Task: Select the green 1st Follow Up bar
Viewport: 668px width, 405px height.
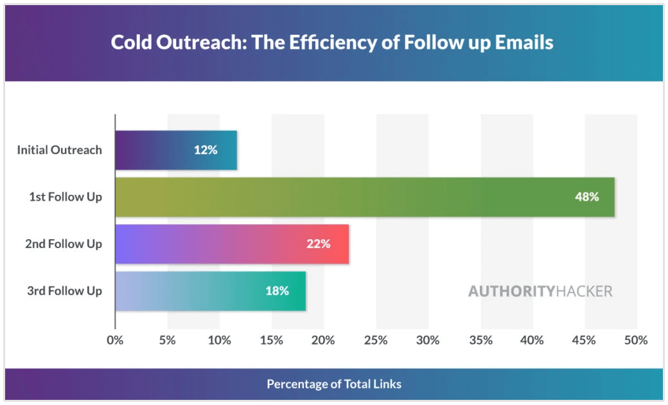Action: point(360,197)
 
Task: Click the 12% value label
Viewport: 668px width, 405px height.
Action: point(206,150)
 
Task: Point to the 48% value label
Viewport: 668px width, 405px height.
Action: point(586,197)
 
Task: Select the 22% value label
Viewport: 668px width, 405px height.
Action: point(318,244)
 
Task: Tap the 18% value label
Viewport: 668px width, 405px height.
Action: point(277,291)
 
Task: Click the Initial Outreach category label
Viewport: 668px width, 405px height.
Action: point(59,150)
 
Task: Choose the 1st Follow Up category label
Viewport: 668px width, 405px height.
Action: point(66,197)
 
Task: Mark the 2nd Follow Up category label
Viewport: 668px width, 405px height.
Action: point(64,244)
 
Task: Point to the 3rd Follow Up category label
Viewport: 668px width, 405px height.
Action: point(64,291)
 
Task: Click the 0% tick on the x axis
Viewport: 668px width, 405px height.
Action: point(115,340)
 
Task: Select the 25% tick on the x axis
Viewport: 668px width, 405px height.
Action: point(376,340)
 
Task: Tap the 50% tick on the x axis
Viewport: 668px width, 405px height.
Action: point(636,340)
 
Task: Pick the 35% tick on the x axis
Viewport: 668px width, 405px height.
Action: point(480,340)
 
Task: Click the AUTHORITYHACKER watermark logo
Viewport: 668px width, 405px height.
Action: point(540,291)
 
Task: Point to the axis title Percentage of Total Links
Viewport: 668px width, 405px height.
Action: point(334,384)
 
